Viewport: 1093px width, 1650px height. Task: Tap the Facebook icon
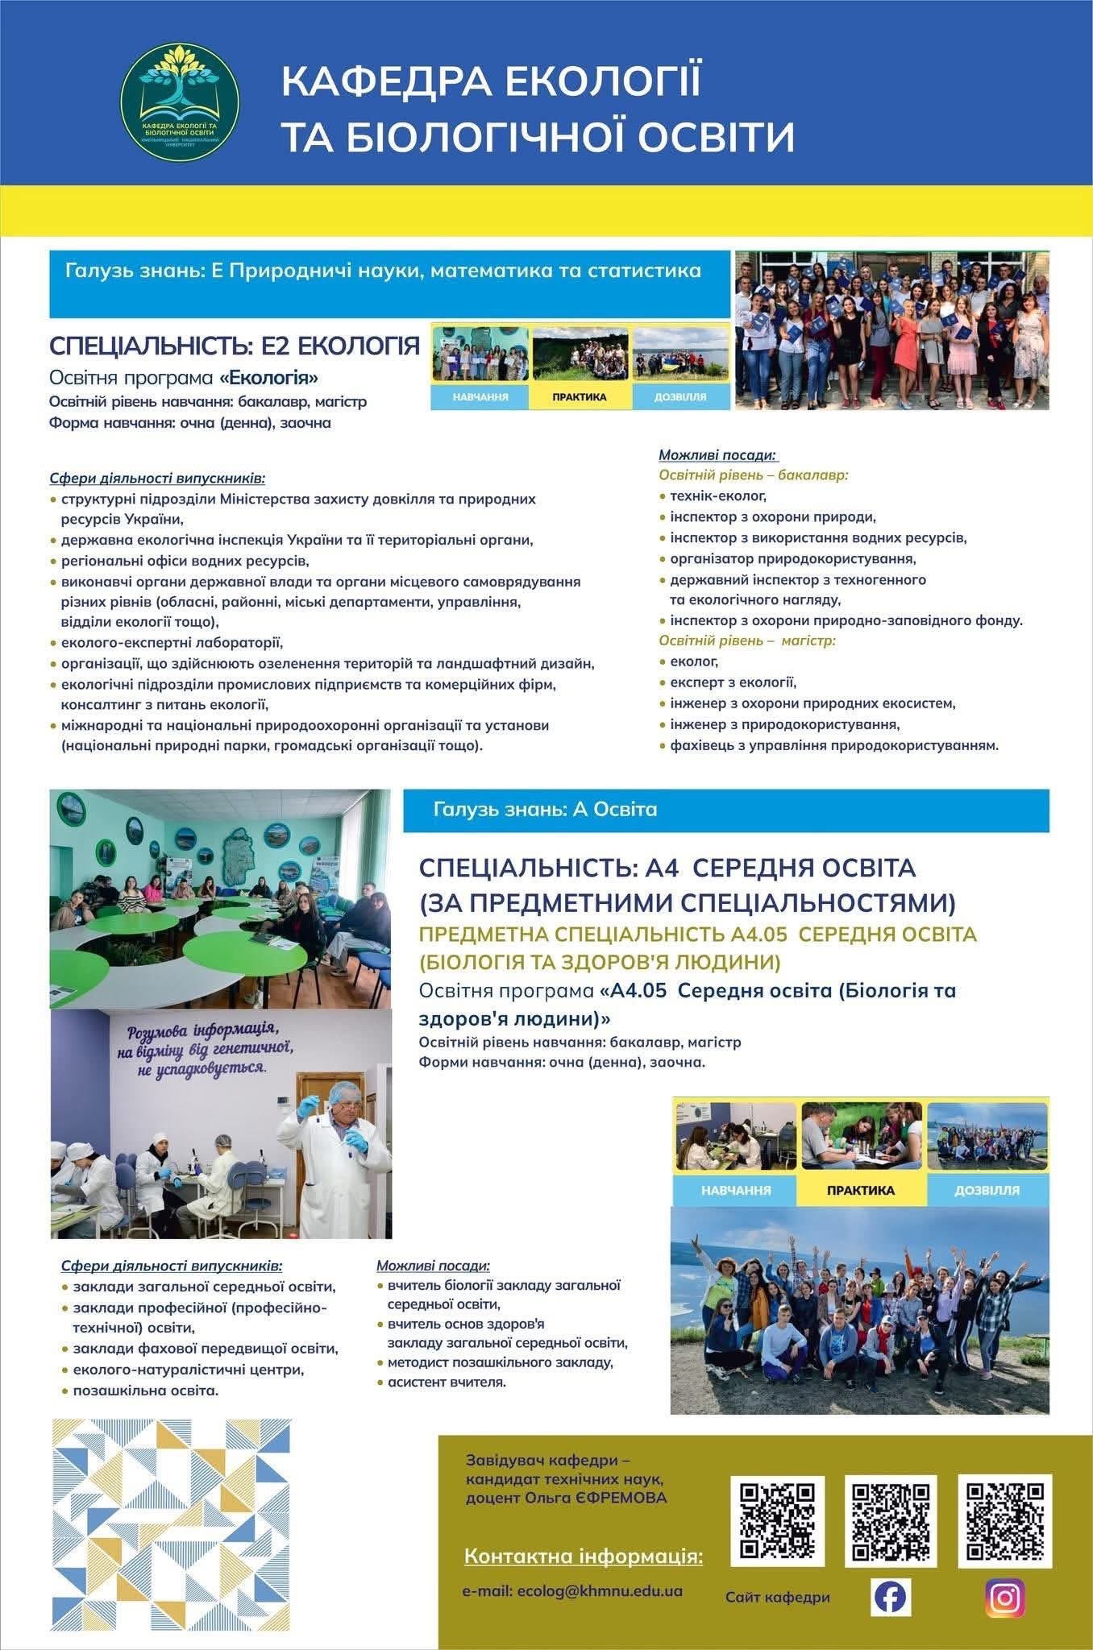(x=890, y=1596)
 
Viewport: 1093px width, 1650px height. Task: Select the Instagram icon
(x=1005, y=1596)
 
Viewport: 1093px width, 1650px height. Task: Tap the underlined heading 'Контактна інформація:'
(x=583, y=1555)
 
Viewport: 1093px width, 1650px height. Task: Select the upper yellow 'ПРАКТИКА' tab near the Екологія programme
(x=580, y=396)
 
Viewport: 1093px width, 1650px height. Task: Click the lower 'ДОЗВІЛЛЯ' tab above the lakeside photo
(x=987, y=1190)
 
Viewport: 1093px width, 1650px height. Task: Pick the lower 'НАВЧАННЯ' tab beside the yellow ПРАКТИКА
(x=735, y=1190)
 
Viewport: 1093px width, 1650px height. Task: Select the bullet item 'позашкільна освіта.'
(x=145, y=1391)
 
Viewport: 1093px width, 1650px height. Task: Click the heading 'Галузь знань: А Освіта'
(x=545, y=809)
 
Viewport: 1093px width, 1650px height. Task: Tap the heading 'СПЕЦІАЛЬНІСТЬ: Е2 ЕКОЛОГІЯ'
(x=235, y=346)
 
